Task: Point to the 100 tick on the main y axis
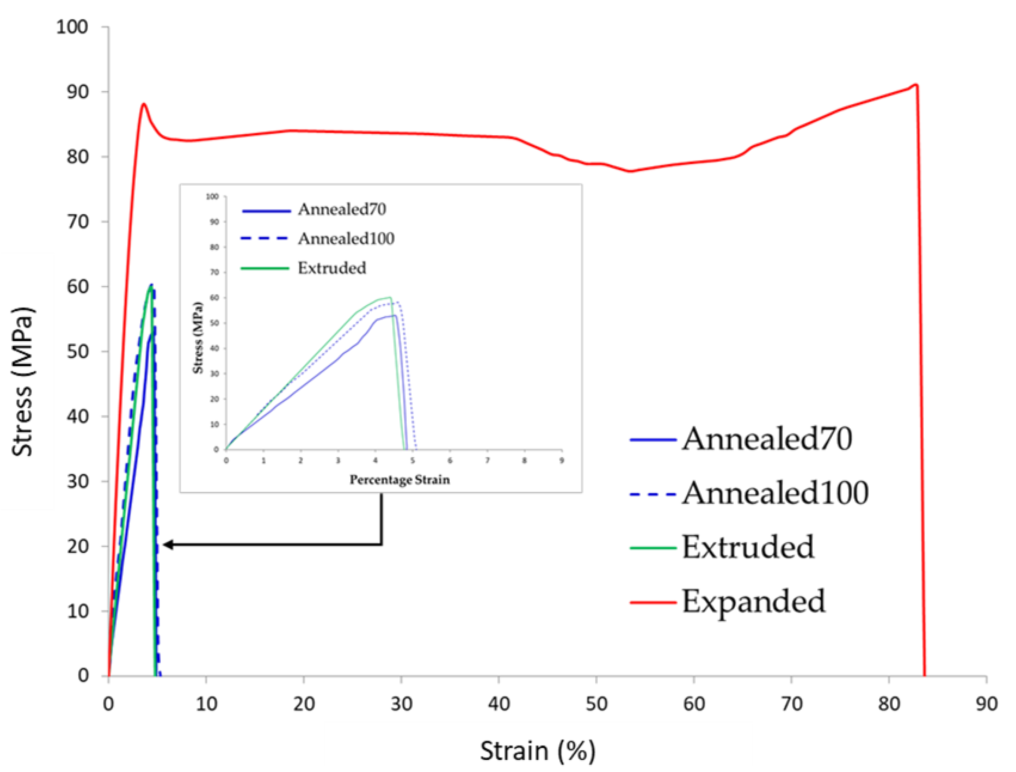point(72,27)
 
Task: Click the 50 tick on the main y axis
point(77,351)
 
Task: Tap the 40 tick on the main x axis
point(499,704)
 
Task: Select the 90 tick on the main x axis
point(986,704)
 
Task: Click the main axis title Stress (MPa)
point(23,381)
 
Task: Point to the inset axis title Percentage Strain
point(399,480)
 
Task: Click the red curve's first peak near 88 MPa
point(144,104)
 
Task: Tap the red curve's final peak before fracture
point(916,85)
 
